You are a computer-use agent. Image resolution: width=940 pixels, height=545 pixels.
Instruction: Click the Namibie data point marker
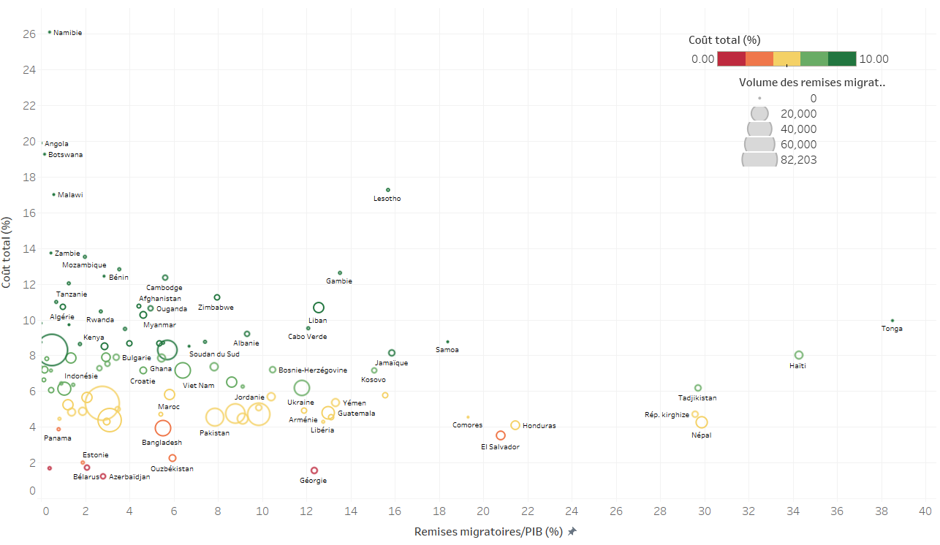pos(50,32)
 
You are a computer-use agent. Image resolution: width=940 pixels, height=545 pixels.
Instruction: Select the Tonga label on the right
pos(892,329)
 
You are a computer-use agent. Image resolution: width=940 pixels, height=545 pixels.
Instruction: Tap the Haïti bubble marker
pos(799,355)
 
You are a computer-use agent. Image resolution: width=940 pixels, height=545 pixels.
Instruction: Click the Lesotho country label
pos(387,199)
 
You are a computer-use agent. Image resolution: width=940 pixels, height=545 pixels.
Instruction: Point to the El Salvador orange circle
pos(501,435)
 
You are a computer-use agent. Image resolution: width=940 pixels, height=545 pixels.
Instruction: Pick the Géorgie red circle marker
pos(314,470)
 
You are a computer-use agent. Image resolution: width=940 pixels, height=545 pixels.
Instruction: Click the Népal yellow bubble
pos(702,422)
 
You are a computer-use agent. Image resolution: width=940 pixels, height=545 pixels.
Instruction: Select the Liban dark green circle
pos(319,308)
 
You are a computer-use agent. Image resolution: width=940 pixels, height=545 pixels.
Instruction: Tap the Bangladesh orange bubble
pos(163,428)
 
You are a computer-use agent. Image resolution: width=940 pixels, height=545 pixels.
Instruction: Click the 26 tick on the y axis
pos(29,34)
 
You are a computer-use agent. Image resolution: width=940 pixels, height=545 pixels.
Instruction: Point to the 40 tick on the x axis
pos(925,511)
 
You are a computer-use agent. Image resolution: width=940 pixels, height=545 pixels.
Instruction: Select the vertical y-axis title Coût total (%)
pos(7,252)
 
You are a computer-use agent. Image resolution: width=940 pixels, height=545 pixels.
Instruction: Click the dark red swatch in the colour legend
pos(731,59)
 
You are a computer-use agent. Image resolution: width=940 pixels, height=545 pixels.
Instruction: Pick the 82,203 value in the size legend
pos(797,160)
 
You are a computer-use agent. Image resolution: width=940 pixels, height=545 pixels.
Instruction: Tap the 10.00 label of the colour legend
pos(874,59)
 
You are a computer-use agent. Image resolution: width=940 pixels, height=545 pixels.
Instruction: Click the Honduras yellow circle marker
pos(515,425)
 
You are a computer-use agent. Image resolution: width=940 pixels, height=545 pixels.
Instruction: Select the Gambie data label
pos(339,281)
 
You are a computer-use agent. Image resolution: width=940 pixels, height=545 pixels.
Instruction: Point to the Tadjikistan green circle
pos(698,388)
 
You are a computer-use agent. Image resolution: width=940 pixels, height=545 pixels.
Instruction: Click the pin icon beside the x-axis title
pos(572,532)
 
